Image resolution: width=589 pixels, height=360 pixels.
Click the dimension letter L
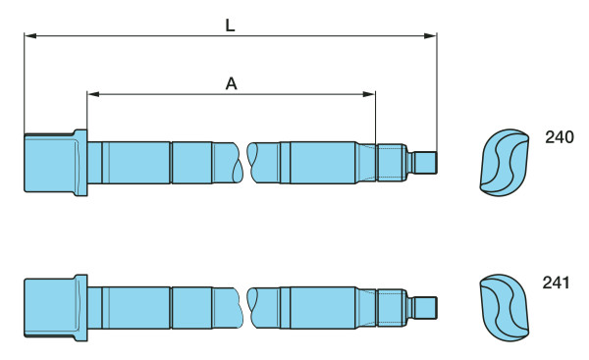click(231, 26)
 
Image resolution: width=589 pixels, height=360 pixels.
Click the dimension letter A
click(232, 83)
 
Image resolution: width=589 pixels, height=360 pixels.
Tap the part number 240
click(560, 137)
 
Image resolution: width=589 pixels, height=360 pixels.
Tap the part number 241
click(556, 283)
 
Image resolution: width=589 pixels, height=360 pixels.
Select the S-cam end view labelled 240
click(505, 163)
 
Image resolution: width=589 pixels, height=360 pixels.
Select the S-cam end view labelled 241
click(505, 307)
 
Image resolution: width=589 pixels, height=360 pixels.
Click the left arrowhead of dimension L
click(30, 35)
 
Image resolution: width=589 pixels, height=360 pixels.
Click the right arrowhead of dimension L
click(430, 35)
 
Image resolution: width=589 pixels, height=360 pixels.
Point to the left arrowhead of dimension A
click(93, 94)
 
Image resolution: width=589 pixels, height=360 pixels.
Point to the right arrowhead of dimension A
click(369, 94)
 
